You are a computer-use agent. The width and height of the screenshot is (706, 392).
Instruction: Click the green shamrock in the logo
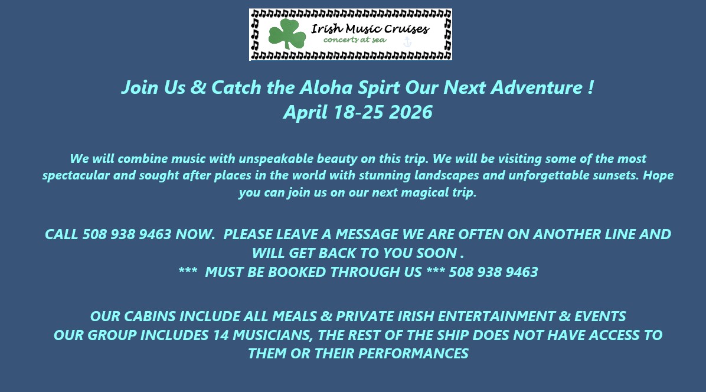click(287, 33)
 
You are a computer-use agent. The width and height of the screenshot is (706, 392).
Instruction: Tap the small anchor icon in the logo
click(407, 42)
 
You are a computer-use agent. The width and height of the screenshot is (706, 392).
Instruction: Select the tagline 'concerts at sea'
click(355, 40)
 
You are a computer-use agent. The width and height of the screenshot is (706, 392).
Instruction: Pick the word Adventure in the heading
click(536, 87)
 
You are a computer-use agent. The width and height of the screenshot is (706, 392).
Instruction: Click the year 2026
click(410, 112)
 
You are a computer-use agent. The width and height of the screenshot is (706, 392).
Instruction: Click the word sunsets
click(615, 175)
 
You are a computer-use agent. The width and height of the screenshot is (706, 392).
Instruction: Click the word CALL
click(61, 234)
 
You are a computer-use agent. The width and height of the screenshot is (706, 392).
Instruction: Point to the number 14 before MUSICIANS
click(221, 335)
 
